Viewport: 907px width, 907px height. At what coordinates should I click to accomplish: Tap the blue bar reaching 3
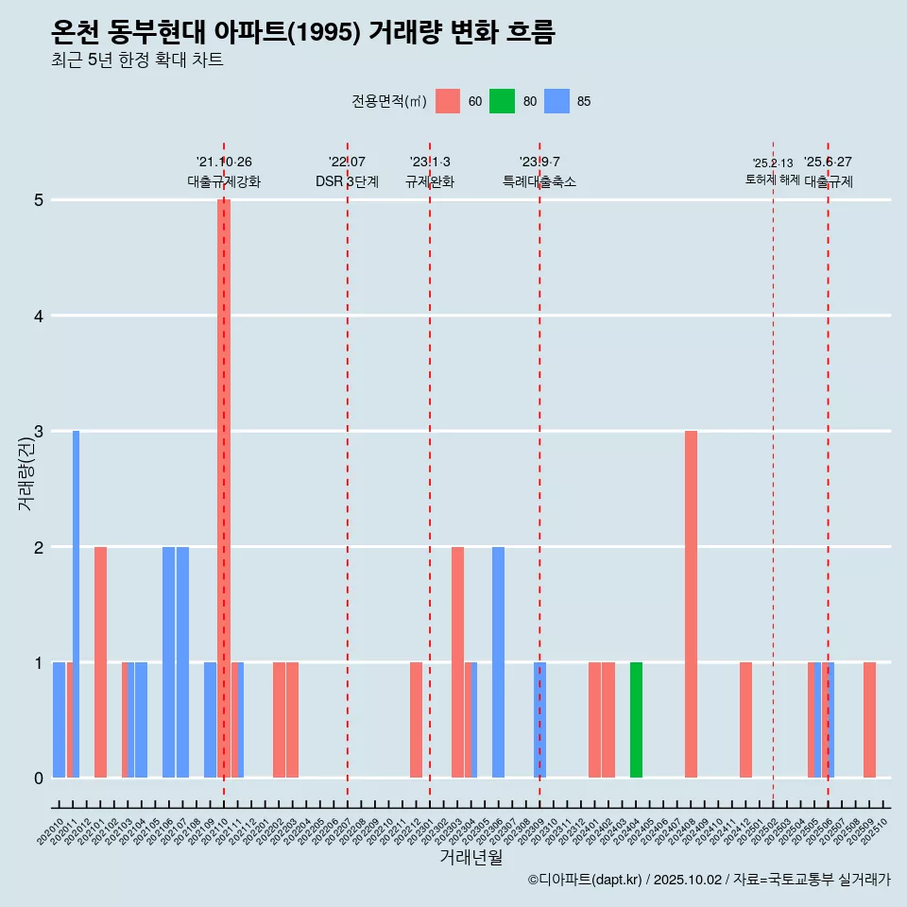(76, 605)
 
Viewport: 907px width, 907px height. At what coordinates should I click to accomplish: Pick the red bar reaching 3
(691, 605)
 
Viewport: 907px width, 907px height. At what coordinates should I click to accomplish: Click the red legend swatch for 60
(448, 101)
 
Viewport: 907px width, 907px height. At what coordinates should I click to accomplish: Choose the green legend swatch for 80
(502, 101)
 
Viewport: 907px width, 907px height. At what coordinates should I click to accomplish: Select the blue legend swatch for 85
(557, 101)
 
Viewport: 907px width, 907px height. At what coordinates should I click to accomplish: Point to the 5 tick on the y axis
(39, 200)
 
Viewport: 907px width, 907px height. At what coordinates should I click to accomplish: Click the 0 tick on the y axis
(39, 779)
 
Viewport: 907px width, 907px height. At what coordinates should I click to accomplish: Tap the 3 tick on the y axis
(39, 432)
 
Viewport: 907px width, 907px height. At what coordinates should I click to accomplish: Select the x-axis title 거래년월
(471, 857)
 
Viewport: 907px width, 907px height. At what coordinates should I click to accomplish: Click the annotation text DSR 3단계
(347, 181)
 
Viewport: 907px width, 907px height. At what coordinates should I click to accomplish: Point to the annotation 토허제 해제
(772, 180)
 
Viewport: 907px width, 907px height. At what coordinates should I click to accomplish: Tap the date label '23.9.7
(539, 163)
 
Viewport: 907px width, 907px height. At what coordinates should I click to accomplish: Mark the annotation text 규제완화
(430, 181)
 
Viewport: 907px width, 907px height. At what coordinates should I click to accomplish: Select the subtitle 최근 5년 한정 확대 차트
(137, 60)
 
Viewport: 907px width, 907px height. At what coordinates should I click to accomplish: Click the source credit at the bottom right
(709, 880)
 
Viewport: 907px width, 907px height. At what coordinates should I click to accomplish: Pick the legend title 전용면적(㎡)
(387, 101)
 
